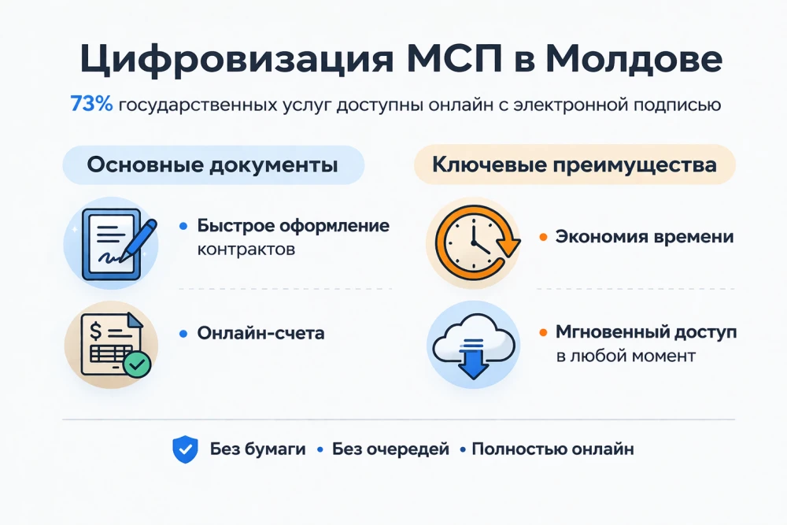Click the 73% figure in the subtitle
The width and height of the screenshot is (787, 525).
pyautogui.click(x=91, y=105)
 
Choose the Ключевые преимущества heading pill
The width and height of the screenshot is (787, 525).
pyautogui.click(x=575, y=165)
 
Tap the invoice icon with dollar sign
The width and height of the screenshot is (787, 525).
pyautogui.click(x=111, y=344)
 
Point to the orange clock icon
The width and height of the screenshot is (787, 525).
pyautogui.click(x=473, y=240)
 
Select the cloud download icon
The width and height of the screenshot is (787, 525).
pyautogui.click(x=473, y=344)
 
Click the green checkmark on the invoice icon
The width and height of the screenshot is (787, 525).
pyautogui.click(x=137, y=364)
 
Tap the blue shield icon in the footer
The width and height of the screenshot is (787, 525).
pyautogui.click(x=185, y=450)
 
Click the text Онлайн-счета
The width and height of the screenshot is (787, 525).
pyautogui.click(x=260, y=333)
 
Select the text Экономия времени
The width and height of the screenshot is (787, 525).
pyautogui.click(x=645, y=236)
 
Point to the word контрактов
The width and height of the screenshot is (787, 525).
pyautogui.click(x=246, y=250)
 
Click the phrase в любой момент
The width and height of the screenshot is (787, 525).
pyautogui.click(x=626, y=356)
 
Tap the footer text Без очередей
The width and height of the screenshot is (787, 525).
pyautogui.click(x=390, y=449)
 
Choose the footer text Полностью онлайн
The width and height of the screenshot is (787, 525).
pyautogui.click(x=552, y=449)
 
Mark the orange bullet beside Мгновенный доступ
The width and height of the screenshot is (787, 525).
pyautogui.click(x=543, y=333)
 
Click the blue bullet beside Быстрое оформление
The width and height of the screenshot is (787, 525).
pyautogui.click(x=183, y=226)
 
